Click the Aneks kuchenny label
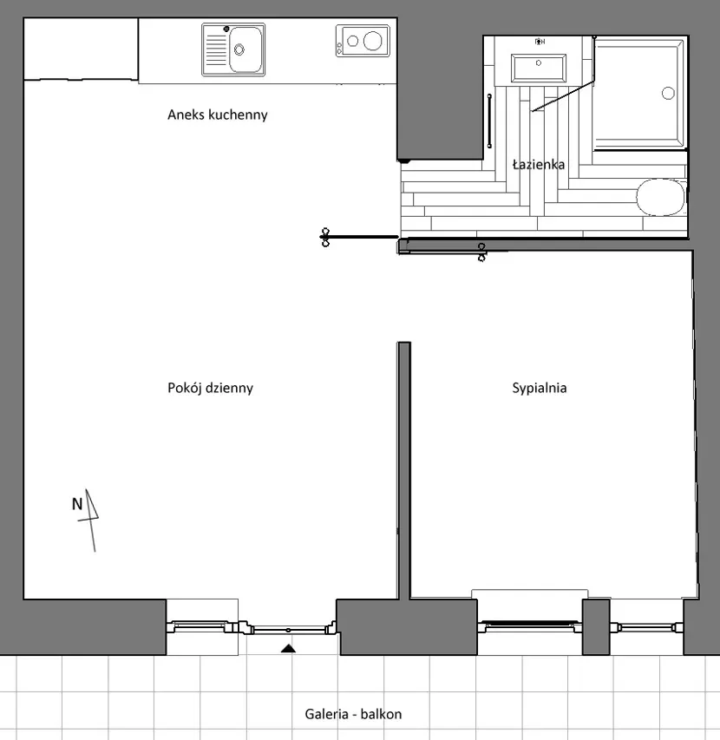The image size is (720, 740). click(x=218, y=115)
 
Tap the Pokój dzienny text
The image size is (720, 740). click(x=211, y=388)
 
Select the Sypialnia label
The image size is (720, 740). click(x=540, y=388)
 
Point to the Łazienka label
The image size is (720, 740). click(x=539, y=164)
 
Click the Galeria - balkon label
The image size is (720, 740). click(x=353, y=714)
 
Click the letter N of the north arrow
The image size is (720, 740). click(x=77, y=504)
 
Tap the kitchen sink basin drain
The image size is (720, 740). click(x=239, y=49)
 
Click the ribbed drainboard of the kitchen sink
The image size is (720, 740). click(x=217, y=49)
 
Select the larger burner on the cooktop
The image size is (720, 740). click(x=372, y=41)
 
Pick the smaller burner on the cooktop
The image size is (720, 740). click(x=352, y=41)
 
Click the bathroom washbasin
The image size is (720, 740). click(x=539, y=69)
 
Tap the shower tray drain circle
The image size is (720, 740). click(x=668, y=93)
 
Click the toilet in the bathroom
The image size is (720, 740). click(x=660, y=197)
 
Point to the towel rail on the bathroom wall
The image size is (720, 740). click(x=489, y=121)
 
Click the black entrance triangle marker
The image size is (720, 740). click(x=288, y=648)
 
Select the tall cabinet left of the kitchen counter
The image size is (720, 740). click(x=81, y=49)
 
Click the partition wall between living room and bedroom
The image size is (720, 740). click(x=404, y=470)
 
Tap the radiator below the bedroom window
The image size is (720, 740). click(x=530, y=593)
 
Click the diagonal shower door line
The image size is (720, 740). click(x=563, y=96)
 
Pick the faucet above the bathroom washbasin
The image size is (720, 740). click(x=540, y=42)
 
